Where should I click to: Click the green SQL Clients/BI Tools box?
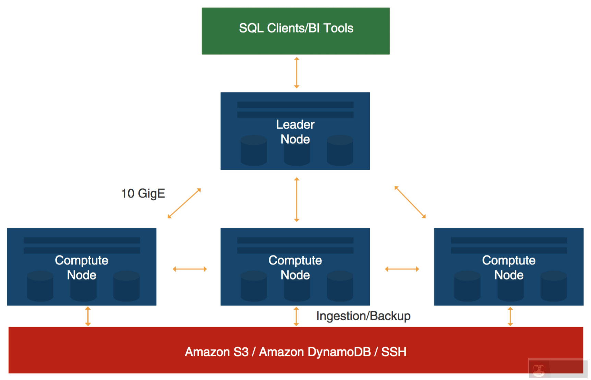pyautogui.click(x=295, y=31)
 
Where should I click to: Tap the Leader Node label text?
pyautogui.click(x=295, y=132)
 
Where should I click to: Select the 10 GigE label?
pyautogui.click(x=143, y=193)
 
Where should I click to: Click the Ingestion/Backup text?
pyautogui.click(x=363, y=316)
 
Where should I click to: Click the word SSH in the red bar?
pyautogui.click(x=394, y=352)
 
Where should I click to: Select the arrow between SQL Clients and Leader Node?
pyautogui.click(x=297, y=73)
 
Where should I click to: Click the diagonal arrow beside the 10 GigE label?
pyautogui.click(x=184, y=203)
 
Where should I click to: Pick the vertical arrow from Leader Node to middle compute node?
pyautogui.click(x=297, y=200)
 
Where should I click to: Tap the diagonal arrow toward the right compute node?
pyautogui.click(x=410, y=202)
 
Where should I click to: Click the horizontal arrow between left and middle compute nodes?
pyautogui.click(x=190, y=269)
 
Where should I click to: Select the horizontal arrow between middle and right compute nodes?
pyautogui.click(x=402, y=269)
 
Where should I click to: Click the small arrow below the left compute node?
pyautogui.click(x=88, y=316)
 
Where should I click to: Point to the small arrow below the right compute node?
pyautogui.click(x=510, y=316)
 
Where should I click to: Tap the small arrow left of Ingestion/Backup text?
pyautogui.click(x=296, y=316)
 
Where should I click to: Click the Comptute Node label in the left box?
pyautogui.click(x=82, y=268)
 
